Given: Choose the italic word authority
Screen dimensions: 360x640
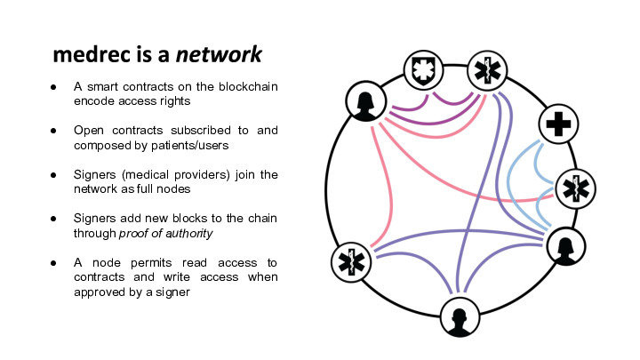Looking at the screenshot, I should coord(188,233).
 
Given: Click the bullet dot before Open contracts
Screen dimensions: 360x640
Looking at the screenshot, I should coord(55,130).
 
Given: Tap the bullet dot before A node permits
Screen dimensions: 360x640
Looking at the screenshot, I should coord(55,262).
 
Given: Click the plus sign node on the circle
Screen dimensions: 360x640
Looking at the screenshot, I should coord(557,125).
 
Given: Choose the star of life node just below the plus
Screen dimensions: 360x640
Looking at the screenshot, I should coord(575,188).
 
